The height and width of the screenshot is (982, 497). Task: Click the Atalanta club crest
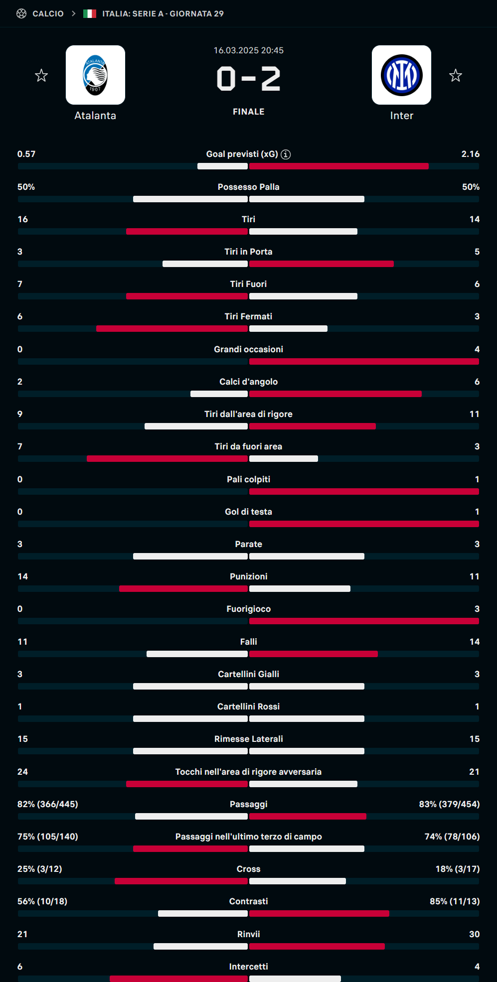click(95, 75)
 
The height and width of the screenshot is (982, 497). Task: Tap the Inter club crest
click(401, 75)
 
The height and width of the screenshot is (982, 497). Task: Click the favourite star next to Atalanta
click(41, 76)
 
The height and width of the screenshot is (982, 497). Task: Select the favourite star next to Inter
click(455, 76)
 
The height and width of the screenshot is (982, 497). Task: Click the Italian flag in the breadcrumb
click(90, 13)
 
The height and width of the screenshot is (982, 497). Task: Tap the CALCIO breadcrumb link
click(48, 13)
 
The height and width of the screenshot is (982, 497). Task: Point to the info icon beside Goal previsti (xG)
click(286, 154)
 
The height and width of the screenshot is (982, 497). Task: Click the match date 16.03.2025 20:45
click(248, 50)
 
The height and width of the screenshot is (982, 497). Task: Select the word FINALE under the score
click(248, 112)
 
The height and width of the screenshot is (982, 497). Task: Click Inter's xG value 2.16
click(470, 154)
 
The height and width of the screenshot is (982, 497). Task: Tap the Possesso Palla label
click(248, 187)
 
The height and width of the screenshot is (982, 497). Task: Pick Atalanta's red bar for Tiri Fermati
click(172, 329)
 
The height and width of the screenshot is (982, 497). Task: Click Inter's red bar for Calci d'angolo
click(335, 394)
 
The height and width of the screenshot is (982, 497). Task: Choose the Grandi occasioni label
click(248, 349)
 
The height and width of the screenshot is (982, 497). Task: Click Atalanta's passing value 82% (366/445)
click(48, 804)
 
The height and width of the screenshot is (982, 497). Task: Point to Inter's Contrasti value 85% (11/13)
click(454, 901)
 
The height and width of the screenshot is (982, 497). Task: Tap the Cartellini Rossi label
click(248, 706)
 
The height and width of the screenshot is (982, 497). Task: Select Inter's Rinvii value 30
click(474, 934)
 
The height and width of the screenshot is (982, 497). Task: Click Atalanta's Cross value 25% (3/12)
click(40, 869)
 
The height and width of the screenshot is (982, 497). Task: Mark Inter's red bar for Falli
click(313, 654)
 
